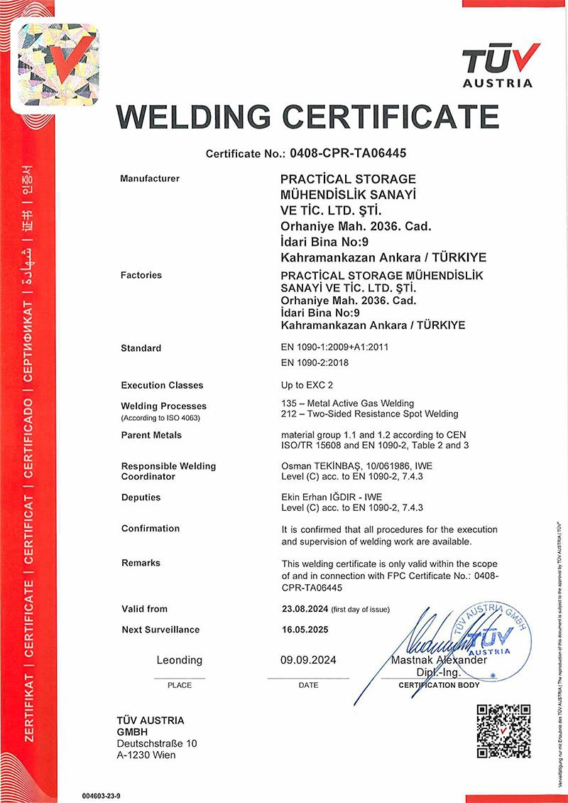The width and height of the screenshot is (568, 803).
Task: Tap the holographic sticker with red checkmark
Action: pyautogui.click(x=58, y=63)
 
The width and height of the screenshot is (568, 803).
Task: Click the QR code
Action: pyautogui.click(x=503, y=731)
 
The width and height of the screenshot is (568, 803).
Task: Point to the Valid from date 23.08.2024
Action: pyautogui.click(x=305, y=609)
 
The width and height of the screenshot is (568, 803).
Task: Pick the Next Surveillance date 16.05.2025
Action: pyautogui.click(x=305, y=630)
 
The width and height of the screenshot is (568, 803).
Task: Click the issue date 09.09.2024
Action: pyautogui.click(x=308, y=660)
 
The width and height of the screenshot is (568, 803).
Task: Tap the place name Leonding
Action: pyautogui.click(x=179, y=660)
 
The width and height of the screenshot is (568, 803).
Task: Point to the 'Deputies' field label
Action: pyautogui.click(x=141, y=497)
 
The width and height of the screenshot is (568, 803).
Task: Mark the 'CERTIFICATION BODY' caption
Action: pyautogui.click(x=439, y=685)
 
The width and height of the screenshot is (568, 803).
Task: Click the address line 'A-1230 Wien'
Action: pyautogui.click(x=146, y=755)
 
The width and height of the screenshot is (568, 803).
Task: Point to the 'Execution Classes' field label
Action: pyautogui.click(x=162, y=385)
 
